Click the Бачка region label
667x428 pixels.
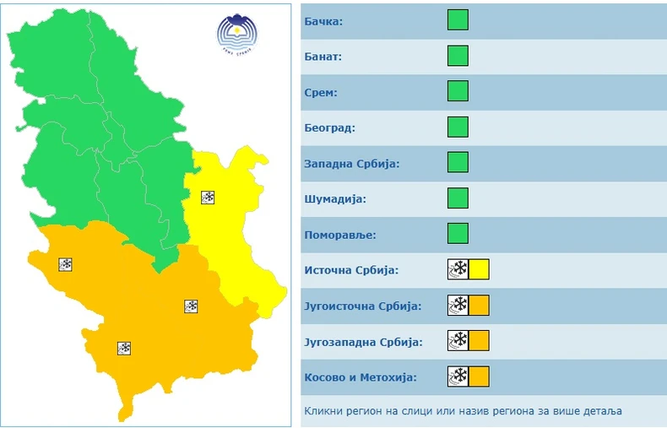tap(323, 21)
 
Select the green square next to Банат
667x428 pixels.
tap(458, 56)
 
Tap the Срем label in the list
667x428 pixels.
tap(321, 93)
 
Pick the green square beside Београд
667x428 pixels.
tap(458, 127)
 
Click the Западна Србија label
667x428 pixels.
tap(350, 164)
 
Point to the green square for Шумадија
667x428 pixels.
tap(458, 198)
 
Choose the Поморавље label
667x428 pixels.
tap(340, 235)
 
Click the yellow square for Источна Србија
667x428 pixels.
tap(479, 270)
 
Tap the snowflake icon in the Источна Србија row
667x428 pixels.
tap(458, 270)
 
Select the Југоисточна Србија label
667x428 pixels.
tap(362, 306)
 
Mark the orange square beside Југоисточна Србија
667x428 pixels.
tap(479, 306)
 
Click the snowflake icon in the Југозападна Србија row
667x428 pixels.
tap(458, 341)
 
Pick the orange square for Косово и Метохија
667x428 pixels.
tap(479, 377)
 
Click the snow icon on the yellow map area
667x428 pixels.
tap(208, 198)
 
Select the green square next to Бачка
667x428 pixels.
tap(458, 20)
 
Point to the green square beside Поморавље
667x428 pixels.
tap(458, 234)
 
